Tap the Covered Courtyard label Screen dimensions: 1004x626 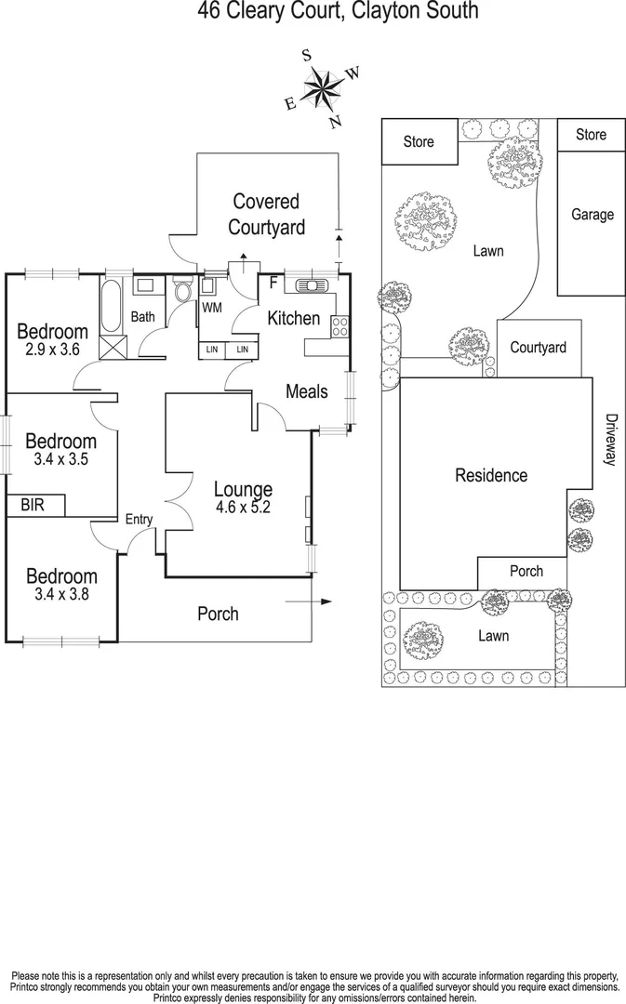(266, 214)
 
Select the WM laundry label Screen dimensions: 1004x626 (212, 307)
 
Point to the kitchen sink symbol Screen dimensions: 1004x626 (305, 284)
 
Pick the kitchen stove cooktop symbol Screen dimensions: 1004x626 (340, 325)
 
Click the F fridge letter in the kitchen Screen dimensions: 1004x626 (273, 283)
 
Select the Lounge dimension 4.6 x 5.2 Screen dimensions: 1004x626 (243, 508)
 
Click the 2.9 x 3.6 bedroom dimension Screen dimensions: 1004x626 (52, 350)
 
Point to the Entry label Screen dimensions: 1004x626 (139, 520)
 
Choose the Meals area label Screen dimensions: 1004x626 (306, 391)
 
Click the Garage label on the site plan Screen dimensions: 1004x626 (592, 215)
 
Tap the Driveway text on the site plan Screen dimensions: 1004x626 (610, 440)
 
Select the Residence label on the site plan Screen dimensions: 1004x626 (490, 475)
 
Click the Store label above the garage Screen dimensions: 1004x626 (591, 135)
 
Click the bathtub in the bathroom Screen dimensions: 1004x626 (112, 307)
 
